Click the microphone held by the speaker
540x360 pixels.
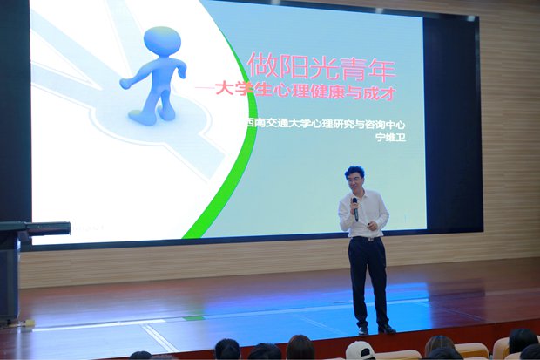coord(355,209)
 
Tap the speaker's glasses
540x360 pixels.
coord(355,180)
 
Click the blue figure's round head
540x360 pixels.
coord(162,42)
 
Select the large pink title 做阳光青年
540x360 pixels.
coord(321,66)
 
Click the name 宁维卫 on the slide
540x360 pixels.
coord(391,138)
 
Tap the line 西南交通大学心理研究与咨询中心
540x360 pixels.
coord(326,124)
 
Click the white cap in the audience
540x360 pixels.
coord(360,350)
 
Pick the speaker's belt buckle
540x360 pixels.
coord(369,239)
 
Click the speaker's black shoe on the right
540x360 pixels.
coord(387,329)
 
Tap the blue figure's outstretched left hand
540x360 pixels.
coord(125,84)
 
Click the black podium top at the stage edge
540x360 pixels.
coord(35,228)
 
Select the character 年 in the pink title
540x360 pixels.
coord(380,68)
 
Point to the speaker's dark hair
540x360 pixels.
coord(355,172)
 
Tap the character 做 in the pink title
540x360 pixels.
coord(263,65)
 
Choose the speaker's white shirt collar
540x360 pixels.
coord(358,194)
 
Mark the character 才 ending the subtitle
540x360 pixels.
coord(387,93)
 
